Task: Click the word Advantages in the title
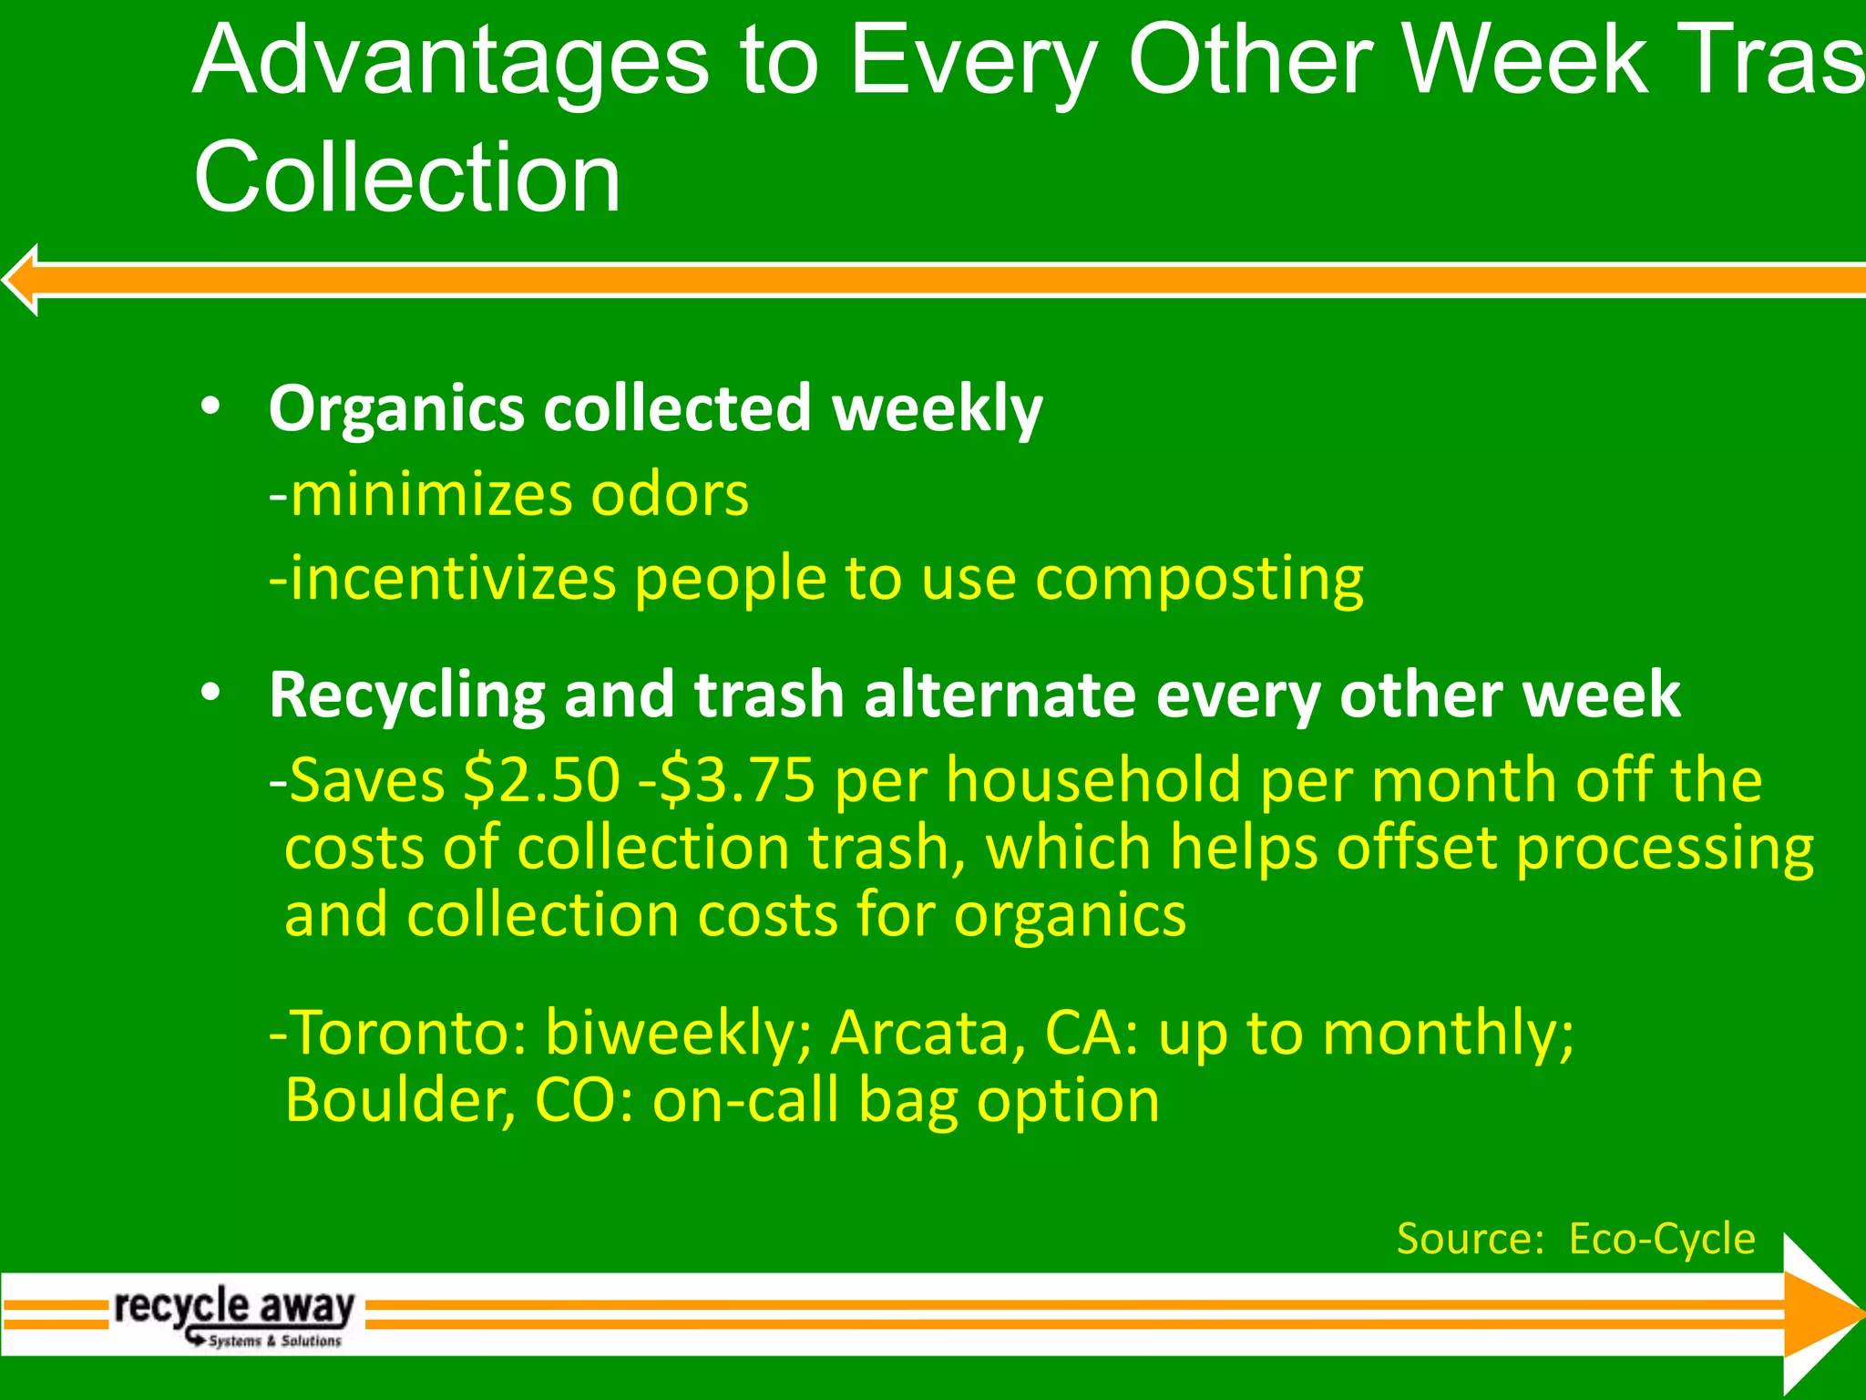click(450, 62)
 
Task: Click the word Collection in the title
click(407, 178)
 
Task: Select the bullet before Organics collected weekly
click(210, 407)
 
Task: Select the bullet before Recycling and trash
click(210, 693)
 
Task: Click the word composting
click(1199, 580)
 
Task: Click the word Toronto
click(408, 1034)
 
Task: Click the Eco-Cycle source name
click(1662, 1239)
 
